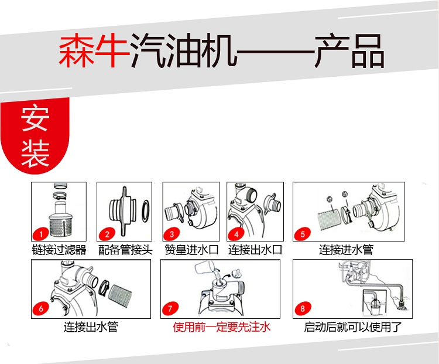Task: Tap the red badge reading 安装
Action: (35, 135)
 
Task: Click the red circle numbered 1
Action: (41, 234)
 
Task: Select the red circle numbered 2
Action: (107, 234)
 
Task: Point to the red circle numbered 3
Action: (172, 234)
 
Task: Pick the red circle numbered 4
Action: (236, 234)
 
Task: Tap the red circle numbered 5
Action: (303, 234)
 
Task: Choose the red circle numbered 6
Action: (41, 309)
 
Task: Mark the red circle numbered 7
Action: (170, 309)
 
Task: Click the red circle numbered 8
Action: (303, 309)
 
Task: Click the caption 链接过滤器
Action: (59, 250)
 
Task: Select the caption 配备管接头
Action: (125, 250)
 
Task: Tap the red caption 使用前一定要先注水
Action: (222, 327)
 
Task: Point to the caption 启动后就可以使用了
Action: (353, 327)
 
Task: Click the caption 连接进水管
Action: (346, 250)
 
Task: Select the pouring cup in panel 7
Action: (204, 268)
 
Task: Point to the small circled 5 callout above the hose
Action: (330, 199)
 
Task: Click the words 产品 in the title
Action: (349, 50)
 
